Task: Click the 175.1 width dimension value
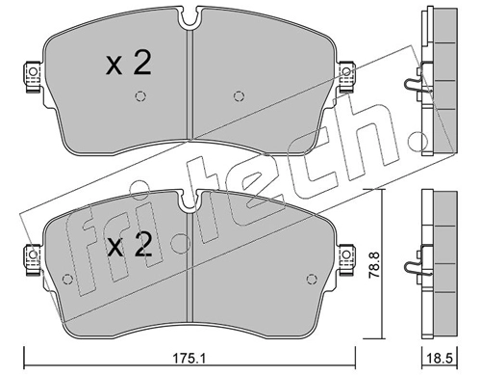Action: click(x=190, y=358)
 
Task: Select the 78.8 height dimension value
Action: click(x=373, y=265)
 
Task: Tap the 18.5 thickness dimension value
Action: click(x=441, y=358)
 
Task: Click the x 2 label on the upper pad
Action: click(x=128, y=64)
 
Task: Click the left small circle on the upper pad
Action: click(x=140, y=96)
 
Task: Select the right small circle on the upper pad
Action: click(x=238, y=96)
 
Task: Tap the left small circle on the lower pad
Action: click(x=67, y=280)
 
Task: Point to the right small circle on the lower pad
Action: click(x=311, y=280)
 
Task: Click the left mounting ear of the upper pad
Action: click(x=33, y=76)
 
